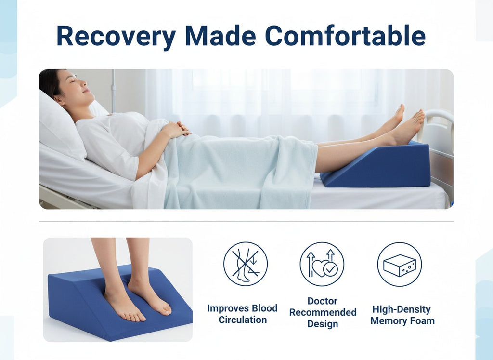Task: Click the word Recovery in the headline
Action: pos(116,36)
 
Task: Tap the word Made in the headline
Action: pos(221,36)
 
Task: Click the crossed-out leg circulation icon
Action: pos(245,264)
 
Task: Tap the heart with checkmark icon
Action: pos(322,264)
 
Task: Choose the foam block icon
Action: pos(399,264)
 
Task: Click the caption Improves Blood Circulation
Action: pos(242,314)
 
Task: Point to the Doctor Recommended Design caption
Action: pos(323,312)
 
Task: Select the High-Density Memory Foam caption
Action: pos(402,315)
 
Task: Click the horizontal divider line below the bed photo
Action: pos(246,221)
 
